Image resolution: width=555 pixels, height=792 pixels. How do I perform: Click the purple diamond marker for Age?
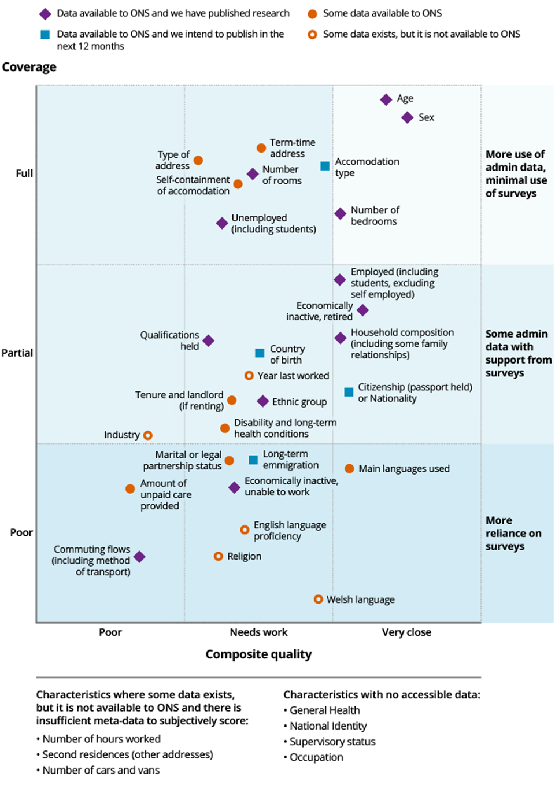[x=386, y=99]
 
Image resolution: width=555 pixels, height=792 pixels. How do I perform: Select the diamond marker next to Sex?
[x=408, y=118]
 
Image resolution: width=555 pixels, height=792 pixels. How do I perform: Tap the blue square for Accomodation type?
[x=325, y=166]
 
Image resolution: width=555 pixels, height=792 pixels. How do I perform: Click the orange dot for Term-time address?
[x=261, y=148]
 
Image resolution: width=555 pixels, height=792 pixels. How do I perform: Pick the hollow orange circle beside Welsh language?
[x=318, y=599]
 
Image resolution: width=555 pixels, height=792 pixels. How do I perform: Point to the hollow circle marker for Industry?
[x=148, y=435]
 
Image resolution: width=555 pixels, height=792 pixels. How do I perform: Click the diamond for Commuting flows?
[x=139, y=557]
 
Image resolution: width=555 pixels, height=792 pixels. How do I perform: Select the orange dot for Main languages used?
[x=349, y=468]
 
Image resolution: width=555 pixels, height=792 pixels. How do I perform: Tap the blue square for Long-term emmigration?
[x=253, y=460]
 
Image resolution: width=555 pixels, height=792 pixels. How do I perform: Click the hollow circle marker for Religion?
[x=218, y=556]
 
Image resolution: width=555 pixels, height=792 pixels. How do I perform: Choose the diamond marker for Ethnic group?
[x=262, y=401]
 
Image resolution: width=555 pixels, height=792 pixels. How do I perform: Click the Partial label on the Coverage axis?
[x=17, y=353]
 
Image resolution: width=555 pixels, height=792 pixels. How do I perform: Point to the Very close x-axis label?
[x=406, y=632]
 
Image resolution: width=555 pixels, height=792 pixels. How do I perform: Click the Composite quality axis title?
[x=258, y=654]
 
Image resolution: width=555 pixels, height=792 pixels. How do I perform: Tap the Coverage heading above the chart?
[x=29, y=67]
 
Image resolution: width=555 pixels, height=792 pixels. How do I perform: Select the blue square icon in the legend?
[x=45, y=35]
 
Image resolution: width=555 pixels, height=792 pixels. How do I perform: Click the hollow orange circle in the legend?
[x=312, y=35]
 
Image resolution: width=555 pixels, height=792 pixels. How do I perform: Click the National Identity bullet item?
[x=328, y=726]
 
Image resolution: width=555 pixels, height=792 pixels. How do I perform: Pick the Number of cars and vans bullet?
[x=101, y=770]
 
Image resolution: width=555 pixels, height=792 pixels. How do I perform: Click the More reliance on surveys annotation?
[x=513, y=533]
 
